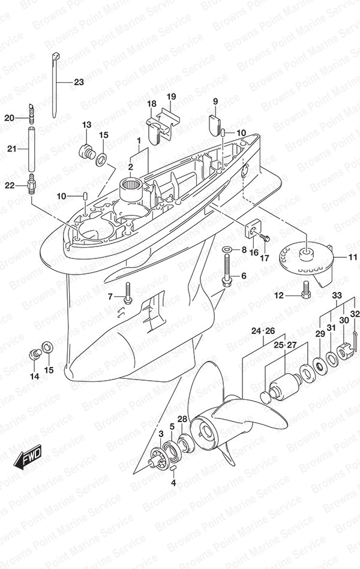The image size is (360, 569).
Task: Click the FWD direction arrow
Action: pos(28,457)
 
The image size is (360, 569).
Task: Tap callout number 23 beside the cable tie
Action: pos(79,82)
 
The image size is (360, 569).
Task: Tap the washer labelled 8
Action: pos(227,249)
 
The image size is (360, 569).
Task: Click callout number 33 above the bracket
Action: pos(337,295)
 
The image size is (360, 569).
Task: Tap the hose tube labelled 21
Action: pos(32,149)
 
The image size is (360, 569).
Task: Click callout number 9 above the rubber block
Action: pos(215,102)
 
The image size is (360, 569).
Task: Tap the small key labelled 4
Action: pos(173,469)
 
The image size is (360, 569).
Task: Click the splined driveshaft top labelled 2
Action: pos(132,184)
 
